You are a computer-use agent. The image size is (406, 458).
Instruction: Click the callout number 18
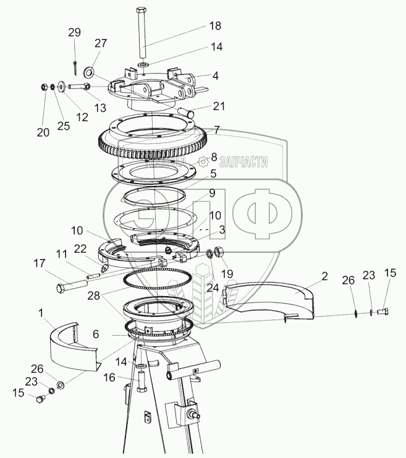[x=214, y=26]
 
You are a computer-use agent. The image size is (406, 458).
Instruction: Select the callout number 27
[x=101, y=43]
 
